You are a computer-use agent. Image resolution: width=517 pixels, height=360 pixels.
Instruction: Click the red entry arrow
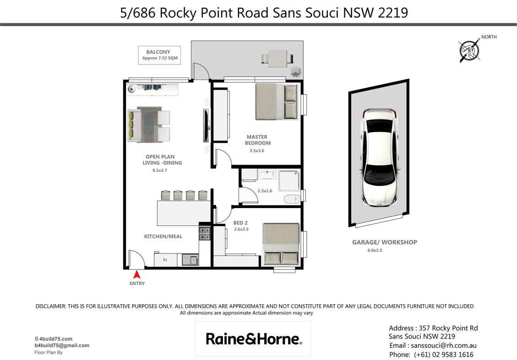coord(136,274)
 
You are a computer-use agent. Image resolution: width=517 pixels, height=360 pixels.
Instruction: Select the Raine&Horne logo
coord(253,339)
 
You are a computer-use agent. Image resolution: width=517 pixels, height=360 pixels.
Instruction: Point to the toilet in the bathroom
coord(291,199)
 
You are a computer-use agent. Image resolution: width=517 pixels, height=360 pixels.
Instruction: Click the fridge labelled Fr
coord(165,260)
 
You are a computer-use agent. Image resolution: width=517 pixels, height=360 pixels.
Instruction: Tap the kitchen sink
coord(190,260)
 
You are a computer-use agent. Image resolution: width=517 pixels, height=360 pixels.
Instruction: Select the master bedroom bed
coord(277,102)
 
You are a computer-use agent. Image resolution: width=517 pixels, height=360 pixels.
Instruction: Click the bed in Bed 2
coord(281,243)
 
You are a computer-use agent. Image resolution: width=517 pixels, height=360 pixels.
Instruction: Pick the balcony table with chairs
coord(277,59)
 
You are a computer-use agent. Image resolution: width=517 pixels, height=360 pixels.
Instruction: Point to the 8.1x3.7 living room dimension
coord(160,171)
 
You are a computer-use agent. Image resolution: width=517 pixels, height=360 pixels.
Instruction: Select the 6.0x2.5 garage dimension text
coord(374,250)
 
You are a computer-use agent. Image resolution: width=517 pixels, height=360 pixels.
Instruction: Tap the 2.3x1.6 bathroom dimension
coord(265,191)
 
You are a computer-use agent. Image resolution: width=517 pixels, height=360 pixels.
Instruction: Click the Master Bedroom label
coord(257,140)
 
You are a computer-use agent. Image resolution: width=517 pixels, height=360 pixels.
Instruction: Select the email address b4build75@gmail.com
coord(62,345)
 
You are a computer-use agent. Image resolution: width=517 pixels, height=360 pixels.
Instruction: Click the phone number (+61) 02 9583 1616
coord(443,355)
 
